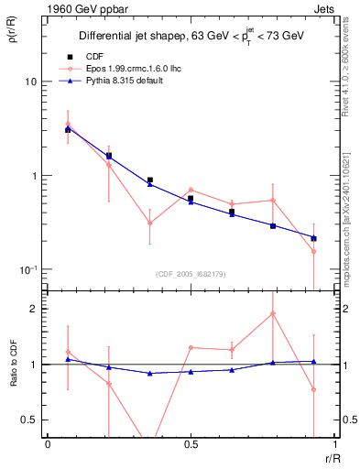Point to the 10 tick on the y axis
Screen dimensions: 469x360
tap(30, 82)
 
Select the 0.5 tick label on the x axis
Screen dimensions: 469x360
tap(191, 444)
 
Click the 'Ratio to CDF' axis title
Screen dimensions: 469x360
tap(14, 378)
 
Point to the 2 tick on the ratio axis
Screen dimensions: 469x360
tap(32, 309)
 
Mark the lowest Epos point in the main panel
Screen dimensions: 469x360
tap(313, 251)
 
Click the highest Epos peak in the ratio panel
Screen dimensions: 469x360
tap(273, 313)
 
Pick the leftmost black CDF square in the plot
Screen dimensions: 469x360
tap(68, 130)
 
